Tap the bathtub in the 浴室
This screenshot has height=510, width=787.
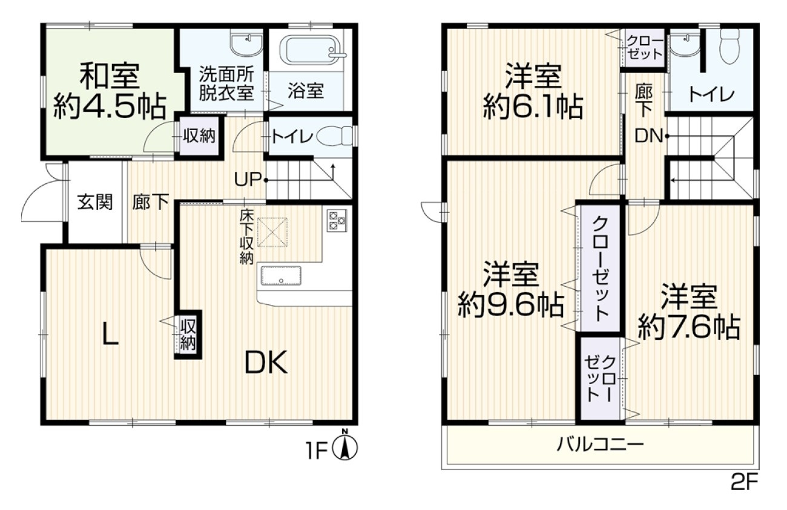pyautogui.click(x=314, y=50)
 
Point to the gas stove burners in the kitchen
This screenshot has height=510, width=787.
pyautogui.click(x=337, y=220)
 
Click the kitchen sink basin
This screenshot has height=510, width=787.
pyautogui.click(x=280, y=275)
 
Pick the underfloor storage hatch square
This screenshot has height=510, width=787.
pyautogui.click(x=272, y=232)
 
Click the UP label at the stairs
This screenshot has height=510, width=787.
pyautogui.click(x=248, y=180)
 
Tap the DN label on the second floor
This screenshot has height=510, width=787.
pyautogui.click(x=648, y=136)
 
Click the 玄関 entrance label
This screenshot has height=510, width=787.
pyautogui.click(x=95, y=203)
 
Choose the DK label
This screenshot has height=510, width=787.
pyautogui.click(x=266, y=362)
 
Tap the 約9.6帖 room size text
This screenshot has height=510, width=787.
pyautogui.click(x=510, y=305)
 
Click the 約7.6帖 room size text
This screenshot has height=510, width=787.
pyautogui.click(x=689, y=327)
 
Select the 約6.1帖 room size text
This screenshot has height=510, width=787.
pyautogui.click(x=533, y=106)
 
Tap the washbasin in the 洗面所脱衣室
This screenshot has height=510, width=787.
pyautogui.click(x=246, y=45)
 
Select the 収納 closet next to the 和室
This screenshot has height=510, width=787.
pyautogui.click(x=199, y=136)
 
